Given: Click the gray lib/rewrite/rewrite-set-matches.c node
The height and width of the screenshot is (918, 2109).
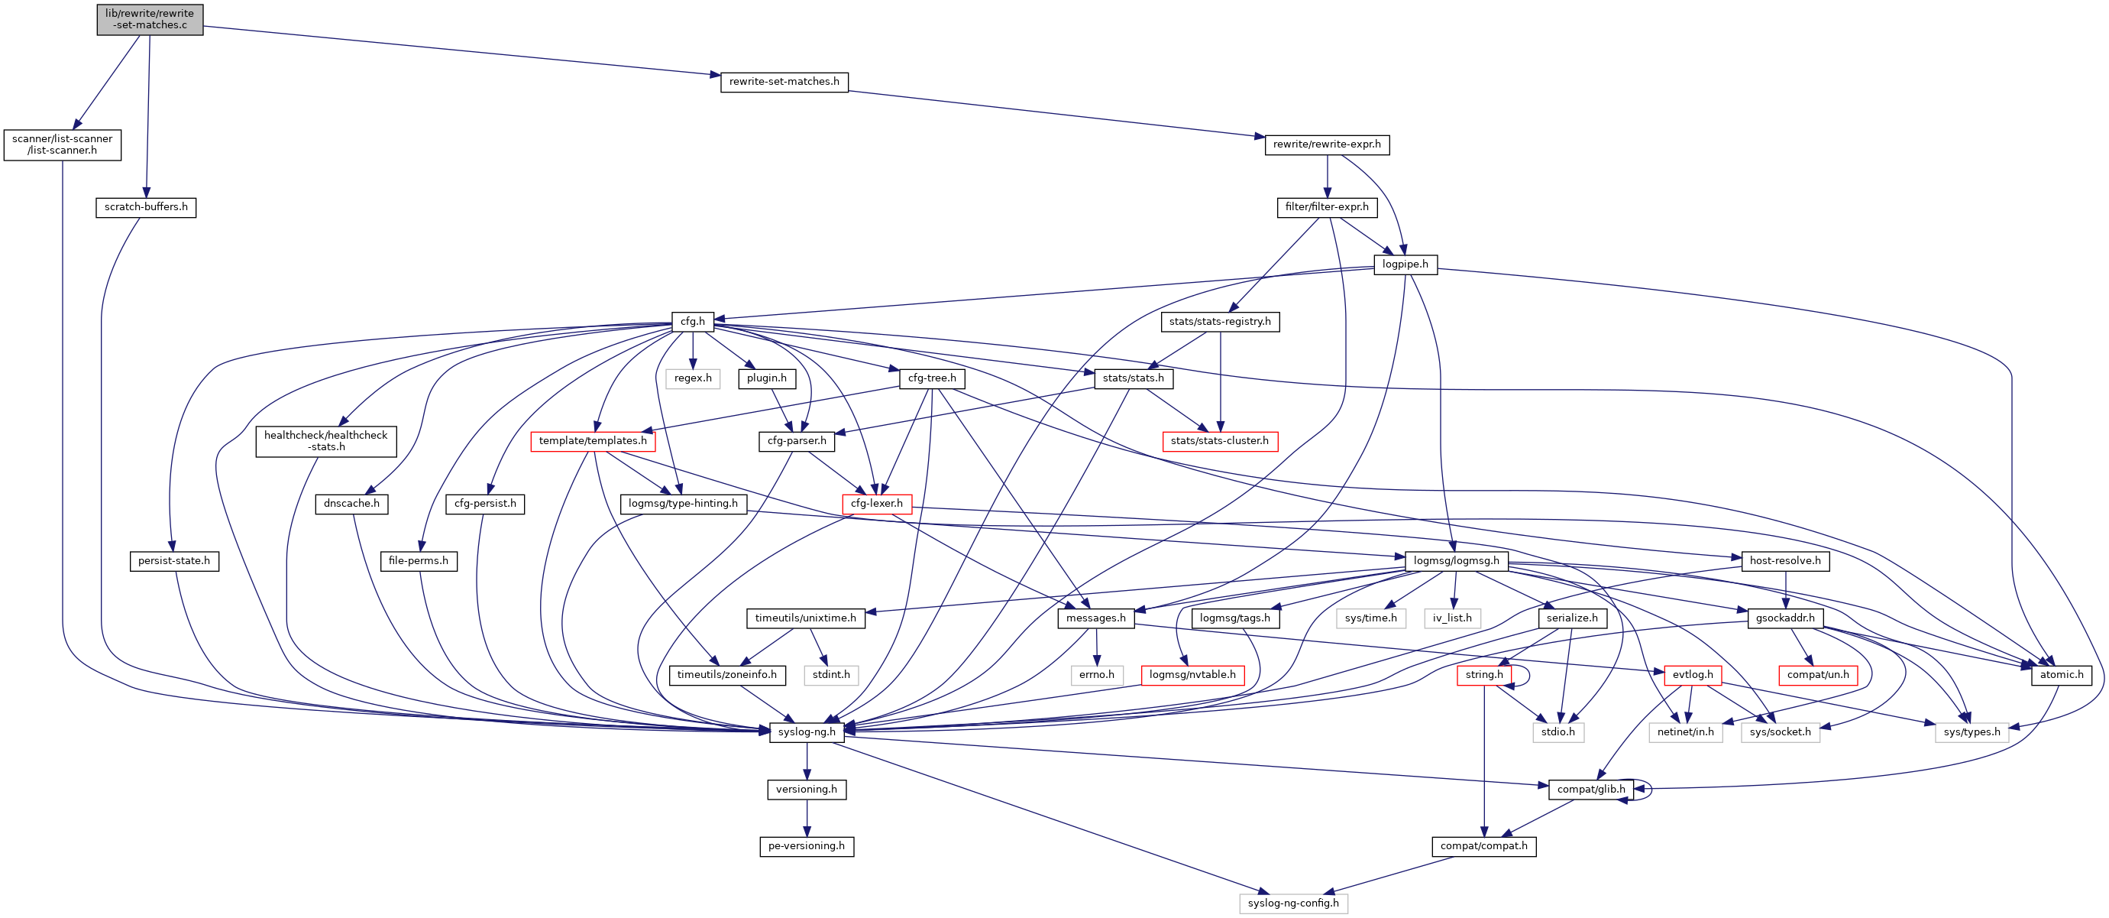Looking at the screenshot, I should coord(150,19).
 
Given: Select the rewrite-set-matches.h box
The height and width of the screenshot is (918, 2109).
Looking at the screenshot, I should coord(784,82).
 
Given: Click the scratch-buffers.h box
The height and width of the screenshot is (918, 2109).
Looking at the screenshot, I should coord(146,207).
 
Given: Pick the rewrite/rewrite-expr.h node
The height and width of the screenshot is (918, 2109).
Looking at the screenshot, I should coord(1326,145).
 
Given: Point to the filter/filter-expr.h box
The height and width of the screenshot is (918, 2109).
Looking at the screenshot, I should coord(1326,207).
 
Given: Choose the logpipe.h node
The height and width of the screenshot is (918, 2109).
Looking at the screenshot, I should coord(1405,264).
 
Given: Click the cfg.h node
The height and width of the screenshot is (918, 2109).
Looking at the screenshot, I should coord(693,322).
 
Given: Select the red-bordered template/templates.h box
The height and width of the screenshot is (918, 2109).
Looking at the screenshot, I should coord(593,441).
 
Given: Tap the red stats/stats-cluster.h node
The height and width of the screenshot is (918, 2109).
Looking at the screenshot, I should coord(1219,441).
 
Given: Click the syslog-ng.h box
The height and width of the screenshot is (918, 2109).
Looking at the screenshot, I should coord(807,732).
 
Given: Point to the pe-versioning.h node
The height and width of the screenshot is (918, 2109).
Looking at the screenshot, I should coord(807,846).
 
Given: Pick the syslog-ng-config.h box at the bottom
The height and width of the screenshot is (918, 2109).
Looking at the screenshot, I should coord(1292,903).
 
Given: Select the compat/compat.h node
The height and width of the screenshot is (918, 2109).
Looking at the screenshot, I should coord(1483,846).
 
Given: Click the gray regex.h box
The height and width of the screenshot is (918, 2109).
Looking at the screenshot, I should coord(693,378).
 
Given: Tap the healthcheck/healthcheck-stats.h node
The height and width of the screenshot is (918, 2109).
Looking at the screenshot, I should coord(326,441).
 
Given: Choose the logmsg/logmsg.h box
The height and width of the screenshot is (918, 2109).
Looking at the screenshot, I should coord(1457,561).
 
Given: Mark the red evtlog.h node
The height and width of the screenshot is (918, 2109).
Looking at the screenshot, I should coord(1692,675).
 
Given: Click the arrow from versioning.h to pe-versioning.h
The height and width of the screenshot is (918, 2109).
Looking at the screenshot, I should coord(807,817).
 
